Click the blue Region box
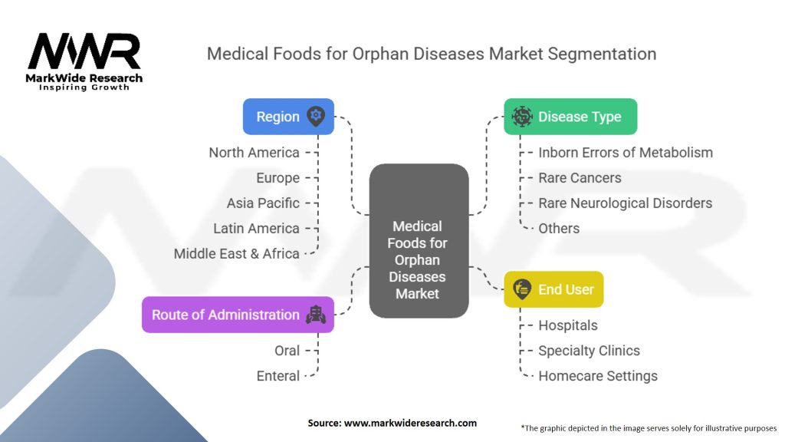[288, 117]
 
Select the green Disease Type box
[570, 117]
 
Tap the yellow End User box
[553, 289]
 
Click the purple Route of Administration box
[238, 315]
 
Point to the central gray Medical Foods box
[419, 241]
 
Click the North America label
[254, 153]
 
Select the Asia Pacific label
[263, 203]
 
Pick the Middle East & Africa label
[236, 254]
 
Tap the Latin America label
[256, 229]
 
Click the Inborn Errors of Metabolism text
[626, 153]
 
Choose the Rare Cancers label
[580, 178]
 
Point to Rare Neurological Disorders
[625, 203]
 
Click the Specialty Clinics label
[589, 351]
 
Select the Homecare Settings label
[598, 376]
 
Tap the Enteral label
[278, 376]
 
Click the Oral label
[287, 351]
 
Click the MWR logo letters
[84, 52]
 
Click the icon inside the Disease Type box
[522, 117]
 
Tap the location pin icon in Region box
[316, 117]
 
